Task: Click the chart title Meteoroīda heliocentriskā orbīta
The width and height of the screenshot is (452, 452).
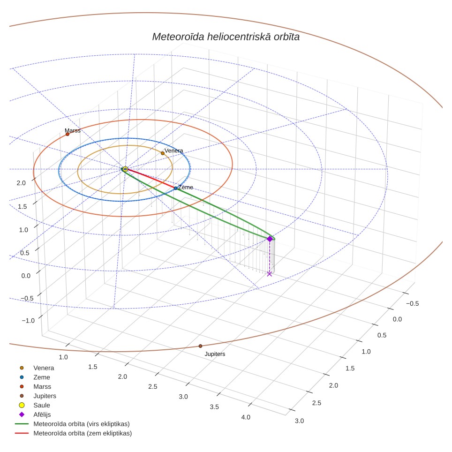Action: [x=226, y=37]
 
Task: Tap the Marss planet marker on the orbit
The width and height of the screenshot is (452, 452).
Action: [x=68, y=134]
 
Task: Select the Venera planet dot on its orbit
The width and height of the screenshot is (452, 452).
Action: [x=163, y=153]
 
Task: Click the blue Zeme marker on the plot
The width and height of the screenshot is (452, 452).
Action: [x=175, y=188]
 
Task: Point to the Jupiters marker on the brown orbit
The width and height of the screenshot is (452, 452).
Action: [x=200, y=346]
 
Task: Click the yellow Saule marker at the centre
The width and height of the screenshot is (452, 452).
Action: [x=125, y=169]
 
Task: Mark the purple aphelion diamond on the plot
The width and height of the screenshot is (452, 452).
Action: [x=270, y=239]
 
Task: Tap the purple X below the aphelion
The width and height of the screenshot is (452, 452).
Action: [x=269, y=274]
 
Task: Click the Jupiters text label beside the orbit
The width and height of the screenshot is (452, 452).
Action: [x=215, y=354]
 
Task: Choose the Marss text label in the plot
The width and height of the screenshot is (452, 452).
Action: [x=72, y=131]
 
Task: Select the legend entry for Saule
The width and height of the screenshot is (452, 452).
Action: [x=42, y=405]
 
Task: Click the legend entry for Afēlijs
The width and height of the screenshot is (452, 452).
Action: [x=42, y=414]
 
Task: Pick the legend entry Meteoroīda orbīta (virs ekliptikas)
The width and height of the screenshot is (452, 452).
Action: [x=82, y=424]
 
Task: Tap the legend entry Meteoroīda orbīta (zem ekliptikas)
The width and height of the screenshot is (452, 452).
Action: [x=83, y=433]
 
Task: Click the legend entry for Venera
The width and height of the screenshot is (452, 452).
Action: [x=44, y=368]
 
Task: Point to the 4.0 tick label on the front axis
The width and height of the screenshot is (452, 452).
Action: [x=246, y=417]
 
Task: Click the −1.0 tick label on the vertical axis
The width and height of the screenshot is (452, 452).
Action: [x=28, y=321]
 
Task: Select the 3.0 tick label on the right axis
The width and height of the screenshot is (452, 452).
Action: [x=299, y=421]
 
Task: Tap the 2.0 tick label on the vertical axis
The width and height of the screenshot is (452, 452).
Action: [x=21, y=183]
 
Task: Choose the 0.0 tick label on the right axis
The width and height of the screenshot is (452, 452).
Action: [x=397, y=319]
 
